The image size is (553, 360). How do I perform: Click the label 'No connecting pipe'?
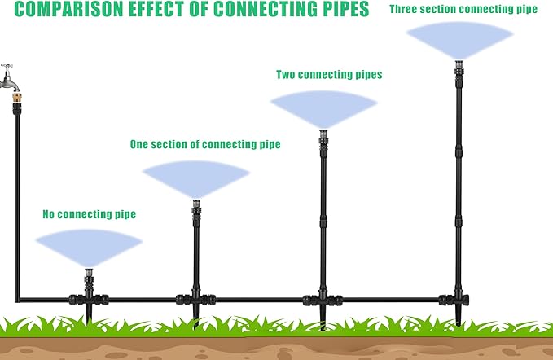[89, 215]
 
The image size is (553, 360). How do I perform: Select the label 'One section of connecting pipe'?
[205, 144]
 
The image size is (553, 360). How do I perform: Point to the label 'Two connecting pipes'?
[329, 75]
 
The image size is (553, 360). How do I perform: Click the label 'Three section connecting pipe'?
[463, 10]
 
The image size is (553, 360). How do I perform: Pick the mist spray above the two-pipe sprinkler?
[323, 107]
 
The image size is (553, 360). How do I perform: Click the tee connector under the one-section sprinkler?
[195, 298]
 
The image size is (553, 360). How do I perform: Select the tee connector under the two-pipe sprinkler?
[322, 299]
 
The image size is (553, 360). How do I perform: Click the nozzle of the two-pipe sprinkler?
[323, 134]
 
